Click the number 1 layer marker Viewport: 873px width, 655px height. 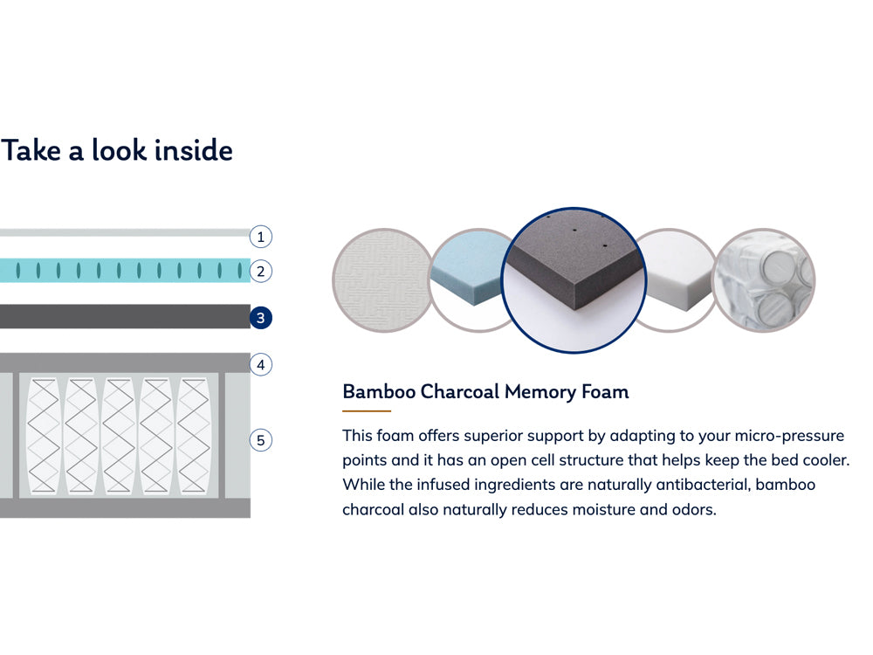260,236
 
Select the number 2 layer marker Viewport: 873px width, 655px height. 260,271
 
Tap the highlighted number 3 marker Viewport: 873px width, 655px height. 260,318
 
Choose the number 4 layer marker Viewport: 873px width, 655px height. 260,364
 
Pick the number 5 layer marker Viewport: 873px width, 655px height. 260,439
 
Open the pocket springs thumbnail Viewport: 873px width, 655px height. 766,279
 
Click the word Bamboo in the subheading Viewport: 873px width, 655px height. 379,391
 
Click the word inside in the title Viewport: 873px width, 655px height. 193,150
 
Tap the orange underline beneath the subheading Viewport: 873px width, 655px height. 367,410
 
